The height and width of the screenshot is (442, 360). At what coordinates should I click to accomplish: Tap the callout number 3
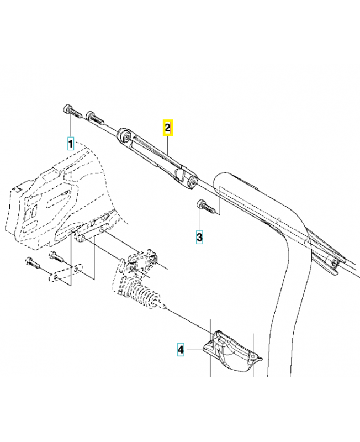[199, 237]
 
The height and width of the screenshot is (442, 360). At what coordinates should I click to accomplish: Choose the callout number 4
[181, 349]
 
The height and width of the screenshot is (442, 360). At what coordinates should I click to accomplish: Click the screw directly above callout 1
[69, 109]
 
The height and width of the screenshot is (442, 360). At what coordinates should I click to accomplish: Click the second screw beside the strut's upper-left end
[94, 117]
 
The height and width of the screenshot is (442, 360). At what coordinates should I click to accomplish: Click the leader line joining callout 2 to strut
[168, 145]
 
